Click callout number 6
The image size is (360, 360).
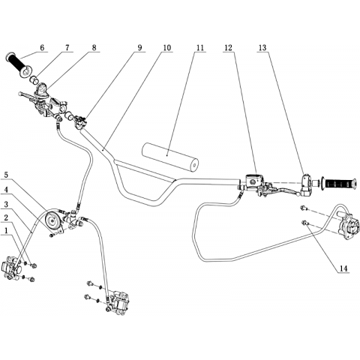(x=42, y=47)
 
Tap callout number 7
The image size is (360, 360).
(x=67, y=47)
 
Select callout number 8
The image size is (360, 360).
(x=94, y=47)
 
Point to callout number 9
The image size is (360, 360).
(x=139, y=47)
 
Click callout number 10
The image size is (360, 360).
(x=167, y=47)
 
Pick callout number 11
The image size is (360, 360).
(x=200, y=47)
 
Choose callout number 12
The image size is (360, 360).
(x=228, y=47)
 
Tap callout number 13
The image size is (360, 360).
(x=262, y=47)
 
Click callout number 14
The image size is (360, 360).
(x=343, y=268)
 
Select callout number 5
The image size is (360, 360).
(x=6, y=175)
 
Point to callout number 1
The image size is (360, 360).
(x=6, y=230)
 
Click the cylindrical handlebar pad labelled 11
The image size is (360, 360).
(x=169, y=157)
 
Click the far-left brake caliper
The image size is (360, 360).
(x=12, y=268)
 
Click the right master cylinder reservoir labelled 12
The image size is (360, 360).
(x=254, y=180)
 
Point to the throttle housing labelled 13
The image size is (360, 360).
(x=307, y=185)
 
